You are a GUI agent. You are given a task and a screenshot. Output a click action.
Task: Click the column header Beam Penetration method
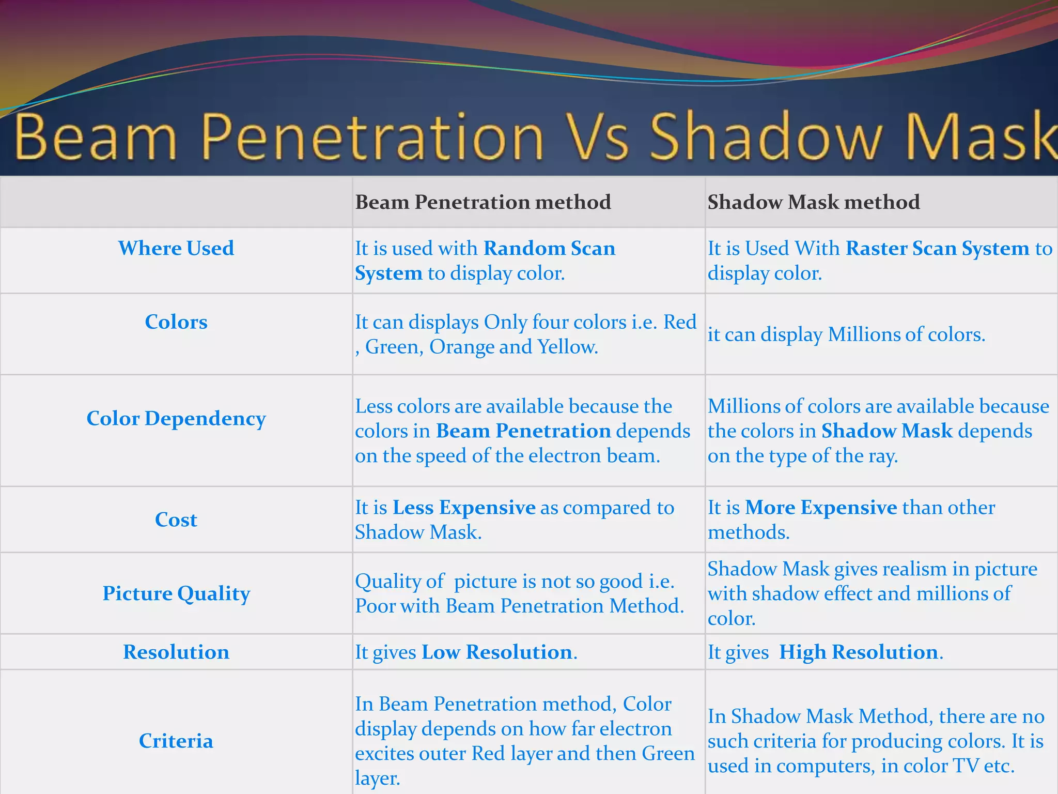pyautogui.click(x=483, y=202)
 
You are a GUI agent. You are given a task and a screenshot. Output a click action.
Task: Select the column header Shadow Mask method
pyautogui.click(x=814, y=202)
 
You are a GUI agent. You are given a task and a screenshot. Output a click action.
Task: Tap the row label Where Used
pyautogui.click(x=176, y=248)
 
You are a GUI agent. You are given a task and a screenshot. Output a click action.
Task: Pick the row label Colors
pyautogui.click(x=176, y=322)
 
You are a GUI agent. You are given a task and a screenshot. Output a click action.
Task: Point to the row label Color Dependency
pyautogui.click(x=176, y=418)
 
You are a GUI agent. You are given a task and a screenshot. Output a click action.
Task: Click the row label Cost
pyautogui.click(x=176, y=520)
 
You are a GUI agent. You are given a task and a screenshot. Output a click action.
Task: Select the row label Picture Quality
pyautogui.click(x=176, y=593)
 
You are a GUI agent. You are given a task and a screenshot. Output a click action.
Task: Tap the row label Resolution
pyautogui.click(x=176, y=652)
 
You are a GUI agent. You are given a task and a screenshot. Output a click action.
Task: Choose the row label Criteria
pyautogui.click(x=176, y=741)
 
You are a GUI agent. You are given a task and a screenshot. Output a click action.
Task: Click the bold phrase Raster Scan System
pyautogui.click(x=937, y=249)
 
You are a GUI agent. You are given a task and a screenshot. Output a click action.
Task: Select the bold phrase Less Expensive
pyautogui.click(x=463, y=508)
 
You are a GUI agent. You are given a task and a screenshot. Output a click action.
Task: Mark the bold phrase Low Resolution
pyautogui.click(x=496, y=652)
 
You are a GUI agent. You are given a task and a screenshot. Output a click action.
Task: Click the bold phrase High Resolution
pyautogui.click(x=858, y=652)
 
